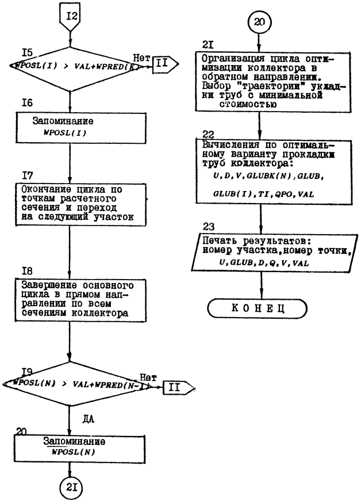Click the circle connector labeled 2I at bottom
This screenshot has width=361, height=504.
[70, 489]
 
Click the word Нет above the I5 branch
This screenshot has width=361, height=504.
[141, 58]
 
